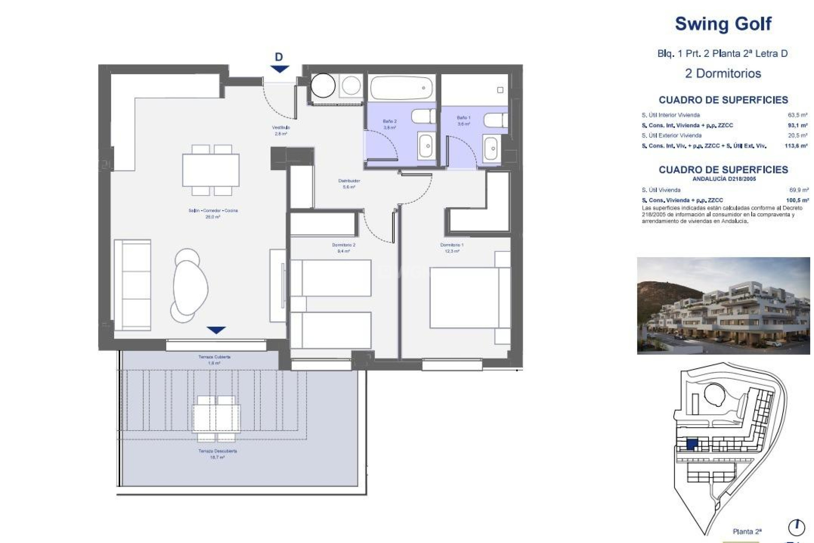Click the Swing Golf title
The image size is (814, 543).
point(723,24)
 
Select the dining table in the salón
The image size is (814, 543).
point(211,170)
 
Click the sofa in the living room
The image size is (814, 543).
point(132,285)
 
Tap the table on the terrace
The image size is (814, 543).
point(216,418)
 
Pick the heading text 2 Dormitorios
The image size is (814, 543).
point(723,73)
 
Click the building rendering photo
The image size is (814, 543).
point(723,305)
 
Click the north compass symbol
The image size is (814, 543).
point(796,528)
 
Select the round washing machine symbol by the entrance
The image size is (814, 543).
point(323,86)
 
